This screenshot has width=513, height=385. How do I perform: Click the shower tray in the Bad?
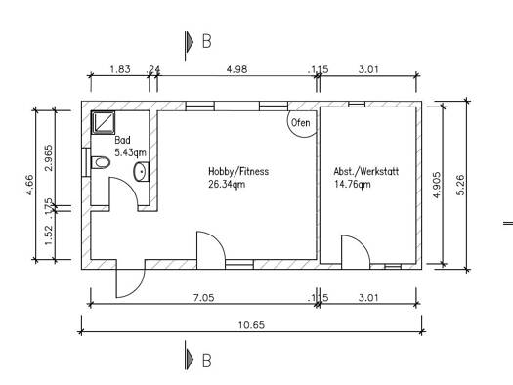click(103, 122)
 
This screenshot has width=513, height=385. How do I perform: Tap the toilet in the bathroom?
click(101, 162)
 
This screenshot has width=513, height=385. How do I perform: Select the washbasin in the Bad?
click(141, 171)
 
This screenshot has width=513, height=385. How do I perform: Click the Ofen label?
click(300, 123)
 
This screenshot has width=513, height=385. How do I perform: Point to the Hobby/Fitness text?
click(238, 171)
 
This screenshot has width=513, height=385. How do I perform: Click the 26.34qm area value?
click(227, 184)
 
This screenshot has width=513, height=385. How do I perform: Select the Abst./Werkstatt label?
click(366, 171)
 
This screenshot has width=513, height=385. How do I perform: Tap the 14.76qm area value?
click(353, 184)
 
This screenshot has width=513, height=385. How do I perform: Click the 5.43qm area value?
click(130, 152)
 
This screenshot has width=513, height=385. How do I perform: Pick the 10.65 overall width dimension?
click(251, 325)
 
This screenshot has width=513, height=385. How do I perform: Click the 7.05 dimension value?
click(203, 298)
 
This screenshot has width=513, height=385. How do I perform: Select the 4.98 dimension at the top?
click(236, 69)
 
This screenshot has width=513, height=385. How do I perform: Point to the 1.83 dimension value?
click(120, 69)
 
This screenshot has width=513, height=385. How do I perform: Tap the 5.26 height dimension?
click(460, 185)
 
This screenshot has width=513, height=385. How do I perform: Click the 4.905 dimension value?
click(437, 185)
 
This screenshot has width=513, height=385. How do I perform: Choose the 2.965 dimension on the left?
click(48, 158)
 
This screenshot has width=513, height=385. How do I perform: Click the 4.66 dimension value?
click(29, 185)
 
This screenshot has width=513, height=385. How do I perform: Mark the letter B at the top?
click(207, 42)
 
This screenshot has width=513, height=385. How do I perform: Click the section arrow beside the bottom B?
click(190, 359)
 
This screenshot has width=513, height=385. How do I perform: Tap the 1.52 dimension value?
click(48, 235)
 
